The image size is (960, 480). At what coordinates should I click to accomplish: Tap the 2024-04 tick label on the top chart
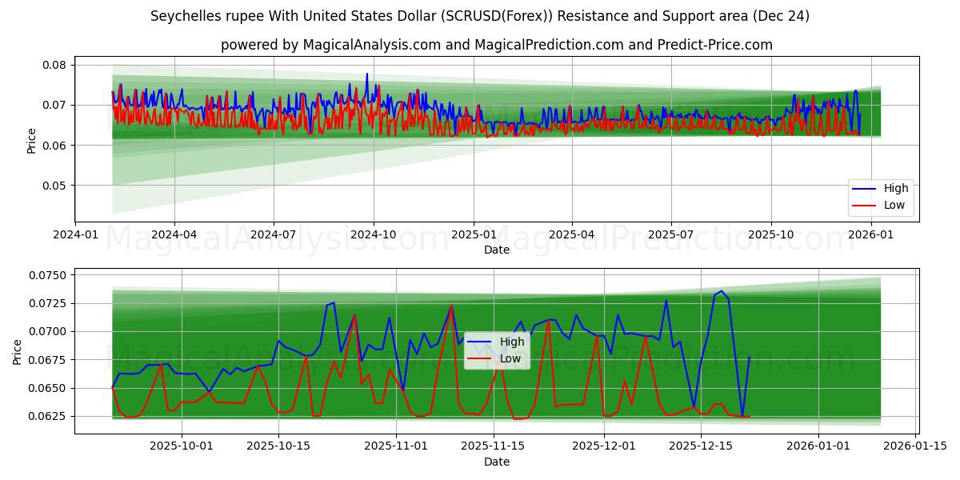pyautogui.click(x=174, y=235)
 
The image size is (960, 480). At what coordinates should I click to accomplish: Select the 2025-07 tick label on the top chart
pyautogui.click(x=670, y=235)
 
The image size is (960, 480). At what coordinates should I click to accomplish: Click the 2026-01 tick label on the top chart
pyautogui.click(x=870, y=235)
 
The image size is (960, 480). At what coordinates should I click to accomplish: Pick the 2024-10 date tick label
pyautogui.click(x=374, y=235)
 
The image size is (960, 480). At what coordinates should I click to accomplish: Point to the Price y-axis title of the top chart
pyautogui.click(x=32, y=141)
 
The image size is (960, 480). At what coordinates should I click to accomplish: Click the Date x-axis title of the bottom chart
pyautogui.click(x=496, y=462)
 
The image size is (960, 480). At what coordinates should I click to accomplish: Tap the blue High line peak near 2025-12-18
pyautogui.click(x=721, y=291)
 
